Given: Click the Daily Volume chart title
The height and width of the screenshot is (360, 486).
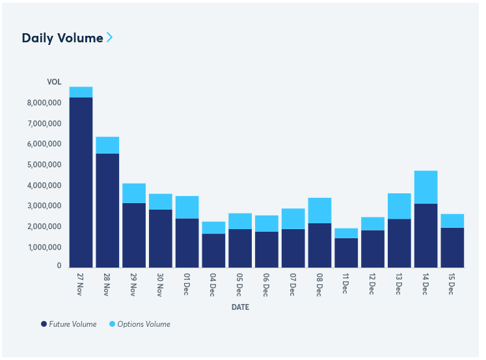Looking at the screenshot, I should pos(62,38).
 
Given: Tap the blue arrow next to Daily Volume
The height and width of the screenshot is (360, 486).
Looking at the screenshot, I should pos(110,37).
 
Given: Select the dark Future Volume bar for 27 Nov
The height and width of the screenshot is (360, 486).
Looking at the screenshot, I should pos(81,182).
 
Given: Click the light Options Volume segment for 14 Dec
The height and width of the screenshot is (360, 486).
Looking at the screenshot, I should pos(425,187).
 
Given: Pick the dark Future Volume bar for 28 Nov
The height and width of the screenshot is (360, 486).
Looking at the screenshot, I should pos(107,210).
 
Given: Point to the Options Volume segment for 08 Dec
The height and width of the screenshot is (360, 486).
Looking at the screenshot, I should pos(319,210).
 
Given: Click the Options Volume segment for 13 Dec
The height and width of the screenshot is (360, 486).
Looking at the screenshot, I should pos(399,206).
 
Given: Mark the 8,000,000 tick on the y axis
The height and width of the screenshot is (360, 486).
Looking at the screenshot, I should pos(44,103).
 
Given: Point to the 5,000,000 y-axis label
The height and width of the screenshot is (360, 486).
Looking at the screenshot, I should pos(44,165).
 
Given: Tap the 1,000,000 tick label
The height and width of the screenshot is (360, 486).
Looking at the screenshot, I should pos(44,247).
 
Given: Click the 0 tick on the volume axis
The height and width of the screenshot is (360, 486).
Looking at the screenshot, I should pos(59,266).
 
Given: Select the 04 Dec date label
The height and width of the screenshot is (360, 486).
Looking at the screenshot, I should pos(213,284).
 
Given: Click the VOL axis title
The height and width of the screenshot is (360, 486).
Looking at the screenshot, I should pos(54,82).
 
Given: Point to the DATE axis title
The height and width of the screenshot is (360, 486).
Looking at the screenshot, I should pos(240,307).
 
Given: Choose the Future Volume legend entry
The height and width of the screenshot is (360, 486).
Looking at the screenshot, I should pos(68,324).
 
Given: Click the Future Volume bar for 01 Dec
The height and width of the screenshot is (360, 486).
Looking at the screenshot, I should pos(187,243).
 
